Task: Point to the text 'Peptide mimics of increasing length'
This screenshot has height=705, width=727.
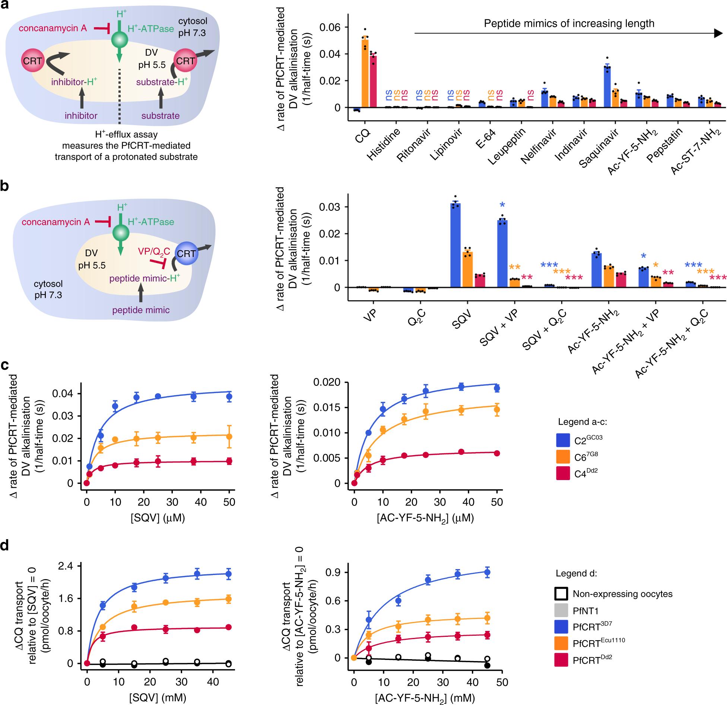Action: tap(569, 24)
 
